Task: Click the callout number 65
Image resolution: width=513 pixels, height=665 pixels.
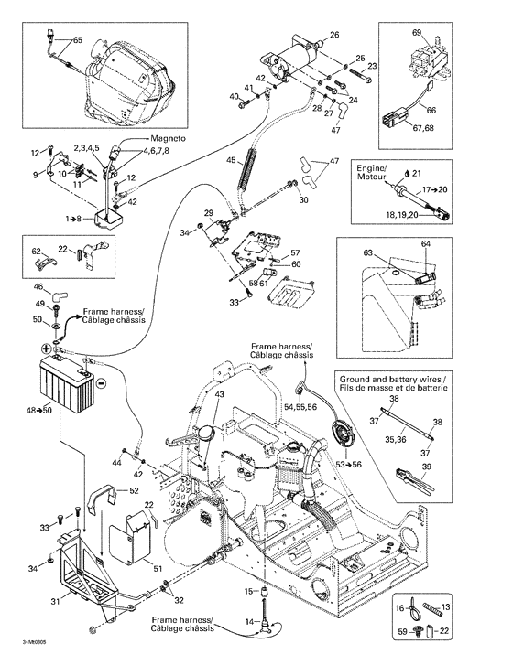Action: coord(77,40)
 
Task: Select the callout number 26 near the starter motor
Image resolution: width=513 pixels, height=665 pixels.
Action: coord(333,35)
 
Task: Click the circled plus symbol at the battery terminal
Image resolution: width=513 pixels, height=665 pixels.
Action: coord(43,349)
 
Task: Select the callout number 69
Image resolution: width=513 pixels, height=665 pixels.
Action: coord(418,32)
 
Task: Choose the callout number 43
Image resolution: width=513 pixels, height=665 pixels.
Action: coord(218,394)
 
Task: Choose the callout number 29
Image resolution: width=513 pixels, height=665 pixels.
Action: coord(208,212)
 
